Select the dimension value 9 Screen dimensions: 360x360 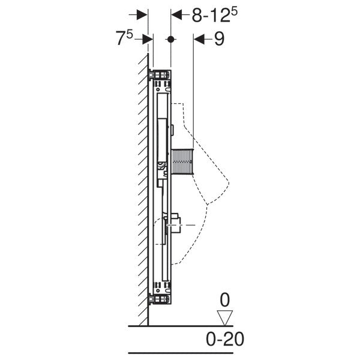(x=218, y=39)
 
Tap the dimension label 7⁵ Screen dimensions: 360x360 (x=124, y=39)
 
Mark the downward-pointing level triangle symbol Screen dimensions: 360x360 (x=225, y=317)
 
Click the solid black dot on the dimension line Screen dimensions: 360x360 (x=171, y=39)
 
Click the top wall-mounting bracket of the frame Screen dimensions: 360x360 (x=160, y=74)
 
